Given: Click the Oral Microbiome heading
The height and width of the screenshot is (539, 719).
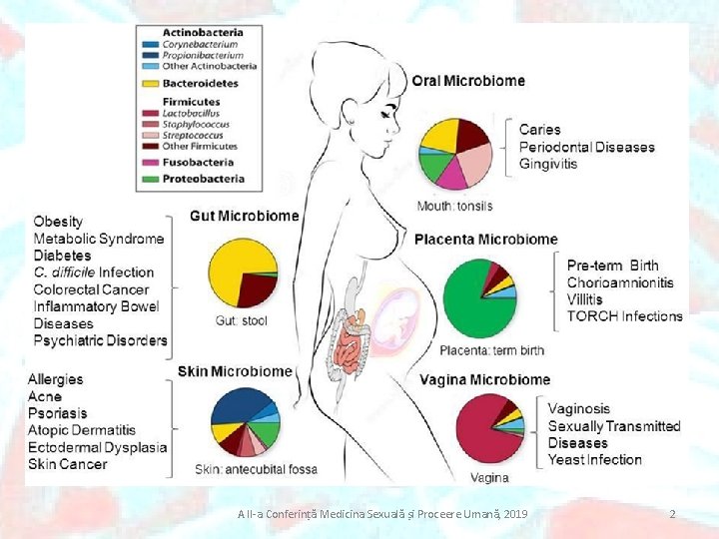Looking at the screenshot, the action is (x=468, y=81).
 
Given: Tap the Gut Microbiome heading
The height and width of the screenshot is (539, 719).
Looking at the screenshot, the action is (x=244, y=216).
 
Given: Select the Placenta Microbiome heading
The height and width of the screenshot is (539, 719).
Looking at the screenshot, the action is (x=485, y=240).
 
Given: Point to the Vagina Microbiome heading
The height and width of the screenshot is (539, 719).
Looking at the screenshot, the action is (x=484, y=379).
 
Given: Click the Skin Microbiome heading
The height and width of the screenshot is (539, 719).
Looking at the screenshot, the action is (x=235, y=371).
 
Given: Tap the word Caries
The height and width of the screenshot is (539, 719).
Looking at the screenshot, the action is (x=540, y=130).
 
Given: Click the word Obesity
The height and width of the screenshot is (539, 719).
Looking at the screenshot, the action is (x=58, y=222).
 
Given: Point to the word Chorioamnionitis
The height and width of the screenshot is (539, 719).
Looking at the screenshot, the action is (x=620, y=282).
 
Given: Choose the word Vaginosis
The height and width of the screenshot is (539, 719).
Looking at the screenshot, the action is (x=579, y=409).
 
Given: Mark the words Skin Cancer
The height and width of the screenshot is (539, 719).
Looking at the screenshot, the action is (x=68, y=464).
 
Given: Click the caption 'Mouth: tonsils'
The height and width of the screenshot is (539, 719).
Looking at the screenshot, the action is (x=454, y=207).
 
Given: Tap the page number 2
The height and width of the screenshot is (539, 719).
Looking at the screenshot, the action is (x=672, y=514).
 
